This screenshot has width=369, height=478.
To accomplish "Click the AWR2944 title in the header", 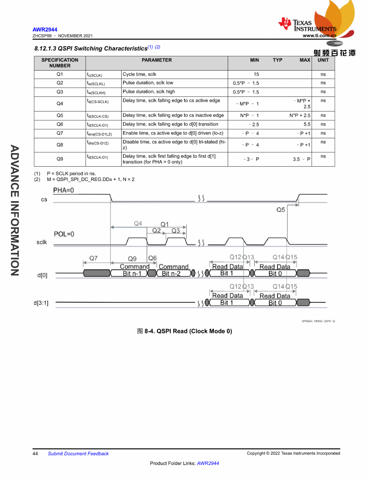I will point(45,29).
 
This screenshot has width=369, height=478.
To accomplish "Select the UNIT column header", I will point(323,60).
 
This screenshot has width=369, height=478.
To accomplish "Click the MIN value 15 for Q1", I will point(256,74).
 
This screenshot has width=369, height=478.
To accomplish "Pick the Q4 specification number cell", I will point(60,103).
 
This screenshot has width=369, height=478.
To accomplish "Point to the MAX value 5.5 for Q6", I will point(307,125).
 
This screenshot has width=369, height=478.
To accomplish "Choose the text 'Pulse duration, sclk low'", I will point(148,83).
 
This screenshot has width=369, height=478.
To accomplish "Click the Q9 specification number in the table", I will point(60,159).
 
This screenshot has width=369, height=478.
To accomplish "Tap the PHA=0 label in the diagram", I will point(63,190).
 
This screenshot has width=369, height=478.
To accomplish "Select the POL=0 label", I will point(64,234).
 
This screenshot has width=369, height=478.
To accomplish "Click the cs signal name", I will point(44,199).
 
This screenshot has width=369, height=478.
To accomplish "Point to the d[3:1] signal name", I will point(41,303).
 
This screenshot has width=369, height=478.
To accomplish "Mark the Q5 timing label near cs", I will point(281,210).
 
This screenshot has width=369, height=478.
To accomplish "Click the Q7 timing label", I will point(93,258).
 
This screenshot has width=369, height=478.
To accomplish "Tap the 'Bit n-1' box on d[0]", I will point(132,273).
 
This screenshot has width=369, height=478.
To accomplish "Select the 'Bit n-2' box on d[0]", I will point(171,273).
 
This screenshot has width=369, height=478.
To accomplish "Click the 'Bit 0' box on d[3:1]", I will point(275,303).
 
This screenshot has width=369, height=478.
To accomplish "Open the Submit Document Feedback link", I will point(78,454).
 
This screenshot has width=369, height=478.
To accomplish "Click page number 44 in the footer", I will point(35,454).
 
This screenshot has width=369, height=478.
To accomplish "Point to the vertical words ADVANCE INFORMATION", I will point(14,210).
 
